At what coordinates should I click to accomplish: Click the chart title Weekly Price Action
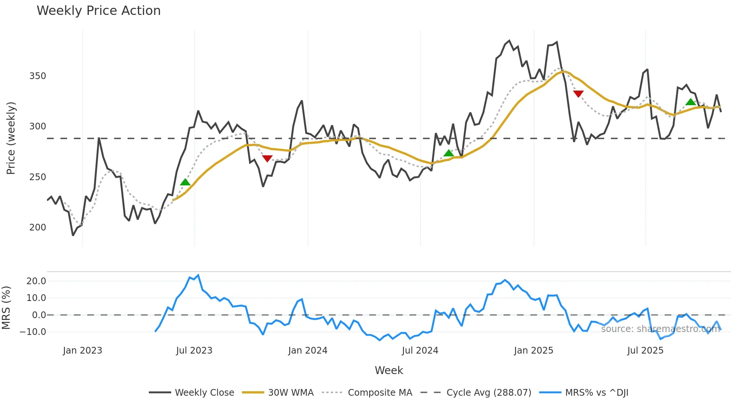pos(98,11)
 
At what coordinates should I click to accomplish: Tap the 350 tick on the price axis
pos(38,76)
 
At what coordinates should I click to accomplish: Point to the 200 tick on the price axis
pos(38,228)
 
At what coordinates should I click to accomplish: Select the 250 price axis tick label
pos(38,177)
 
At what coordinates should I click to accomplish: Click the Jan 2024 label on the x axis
pos(308,351)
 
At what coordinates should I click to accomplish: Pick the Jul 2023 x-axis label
pos(194,351)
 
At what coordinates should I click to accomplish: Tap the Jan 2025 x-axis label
pos(533,351)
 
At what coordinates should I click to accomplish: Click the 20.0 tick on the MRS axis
pos(36,281)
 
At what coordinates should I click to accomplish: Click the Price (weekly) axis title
pos(11,138)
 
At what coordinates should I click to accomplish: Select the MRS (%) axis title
pos(6,308)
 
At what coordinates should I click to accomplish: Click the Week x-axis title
pos(389,370)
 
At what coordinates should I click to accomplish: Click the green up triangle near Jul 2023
pos(185,182)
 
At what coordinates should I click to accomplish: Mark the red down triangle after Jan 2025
pos(578,94)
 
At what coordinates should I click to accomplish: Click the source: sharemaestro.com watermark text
pos(660,329)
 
